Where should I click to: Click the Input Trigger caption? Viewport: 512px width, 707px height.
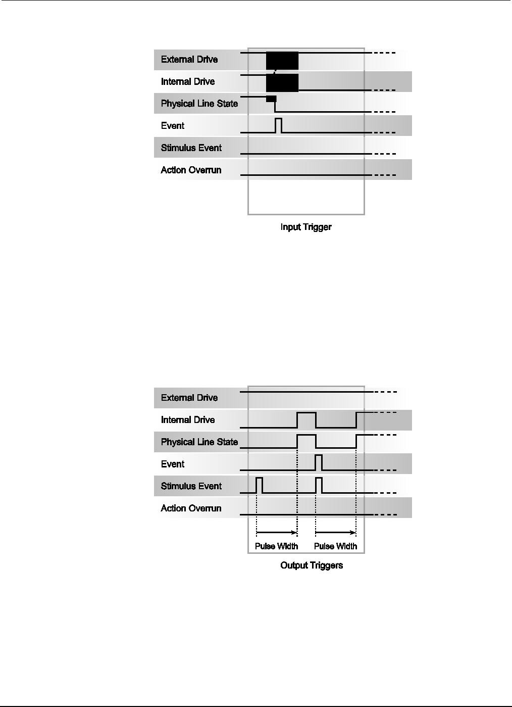click(306, 227)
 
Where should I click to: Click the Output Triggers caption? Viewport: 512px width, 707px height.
click(312, 565)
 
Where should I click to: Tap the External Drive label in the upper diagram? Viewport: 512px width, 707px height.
click(189, 60)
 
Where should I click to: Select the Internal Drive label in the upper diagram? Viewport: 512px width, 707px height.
click(188, 82)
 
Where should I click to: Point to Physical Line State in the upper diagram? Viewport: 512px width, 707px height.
click(199, 104)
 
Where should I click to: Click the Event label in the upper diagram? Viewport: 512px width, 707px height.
click(173, 126)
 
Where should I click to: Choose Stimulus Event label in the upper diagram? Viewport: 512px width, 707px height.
click(191, 148)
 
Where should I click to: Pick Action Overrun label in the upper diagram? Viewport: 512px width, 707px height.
click(191, 170)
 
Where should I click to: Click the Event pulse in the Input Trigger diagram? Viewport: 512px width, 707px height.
click(278, 125)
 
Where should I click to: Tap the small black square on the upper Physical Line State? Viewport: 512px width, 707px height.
click(271, 99)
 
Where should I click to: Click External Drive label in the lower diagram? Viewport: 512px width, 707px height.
click(189, 398)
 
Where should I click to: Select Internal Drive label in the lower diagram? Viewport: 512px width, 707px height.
click(188, 420)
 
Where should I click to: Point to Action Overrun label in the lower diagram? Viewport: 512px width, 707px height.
click(191, 508)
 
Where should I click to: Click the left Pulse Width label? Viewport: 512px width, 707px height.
click(276, 546)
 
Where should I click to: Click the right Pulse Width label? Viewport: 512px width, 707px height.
click(335, 546)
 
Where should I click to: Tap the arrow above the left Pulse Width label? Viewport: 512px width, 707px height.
click(277, 532)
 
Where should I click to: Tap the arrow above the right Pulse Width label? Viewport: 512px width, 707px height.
click(335, 532)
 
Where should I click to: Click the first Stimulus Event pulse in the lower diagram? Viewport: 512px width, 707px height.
click(260, 485)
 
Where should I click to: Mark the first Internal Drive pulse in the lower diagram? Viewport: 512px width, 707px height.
click(306, 419)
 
